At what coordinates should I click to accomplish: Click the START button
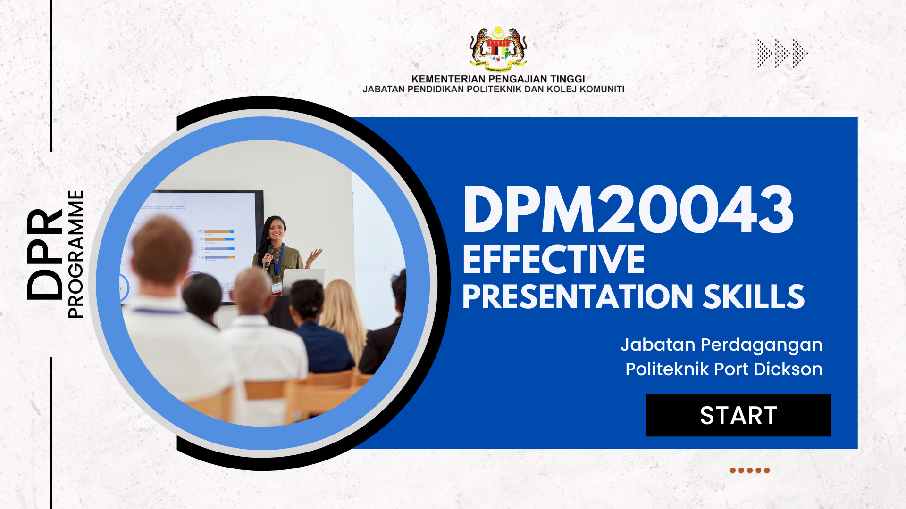point(738,415)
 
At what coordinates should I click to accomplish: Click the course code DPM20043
point(628,210)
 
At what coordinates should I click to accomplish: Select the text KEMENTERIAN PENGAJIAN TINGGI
point(498,79)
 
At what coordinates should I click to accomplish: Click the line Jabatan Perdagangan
point(721,345)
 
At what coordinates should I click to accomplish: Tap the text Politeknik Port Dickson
point(723,369)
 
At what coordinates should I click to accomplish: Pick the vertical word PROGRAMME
point(75,254)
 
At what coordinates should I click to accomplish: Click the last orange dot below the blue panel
point(767,470)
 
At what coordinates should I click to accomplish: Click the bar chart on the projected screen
point(218,245)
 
